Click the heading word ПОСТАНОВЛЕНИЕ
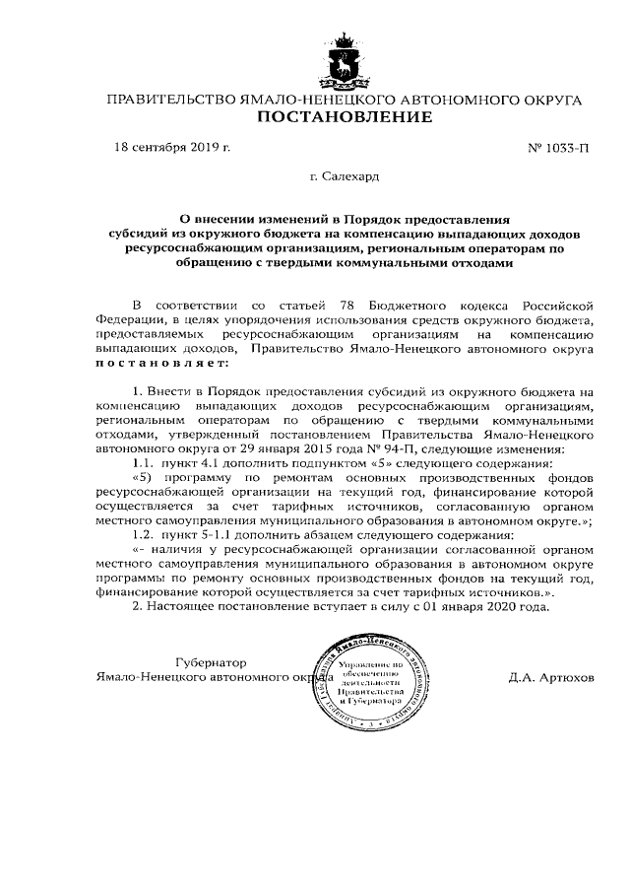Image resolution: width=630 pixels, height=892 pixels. click(x=344, y=119)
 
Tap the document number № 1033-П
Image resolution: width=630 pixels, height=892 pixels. click(x=558, y=149)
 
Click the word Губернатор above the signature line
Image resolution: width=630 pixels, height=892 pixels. click(x=209, y=662)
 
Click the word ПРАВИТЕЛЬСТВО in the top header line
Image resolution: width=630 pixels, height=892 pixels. click(x=169, y=101)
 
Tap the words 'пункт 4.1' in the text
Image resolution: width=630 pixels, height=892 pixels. click(x=192, y=462)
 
